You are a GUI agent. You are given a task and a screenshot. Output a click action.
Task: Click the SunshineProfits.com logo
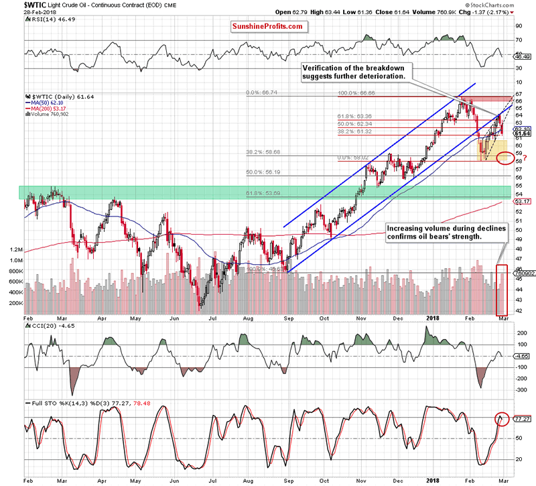point(269,26)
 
